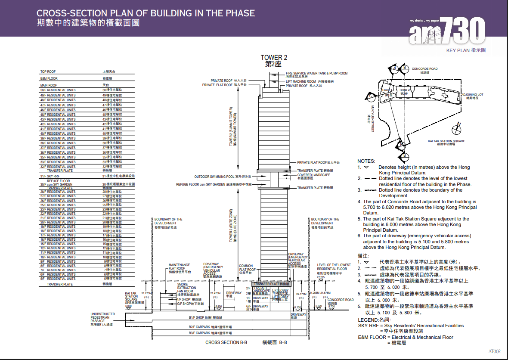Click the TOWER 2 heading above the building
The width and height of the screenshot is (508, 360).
(273, 58)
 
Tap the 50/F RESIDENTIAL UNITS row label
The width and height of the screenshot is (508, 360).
(58, 90)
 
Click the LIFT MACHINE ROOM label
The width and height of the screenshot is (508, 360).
(301, 81)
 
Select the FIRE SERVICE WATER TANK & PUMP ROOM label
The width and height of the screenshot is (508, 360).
(316, 73)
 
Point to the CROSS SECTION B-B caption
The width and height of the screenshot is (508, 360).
(226, 343)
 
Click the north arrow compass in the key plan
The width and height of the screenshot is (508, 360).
(458, 128)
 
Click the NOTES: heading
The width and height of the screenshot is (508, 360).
(366, 161)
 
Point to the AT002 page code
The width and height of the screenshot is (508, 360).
(494, 351)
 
